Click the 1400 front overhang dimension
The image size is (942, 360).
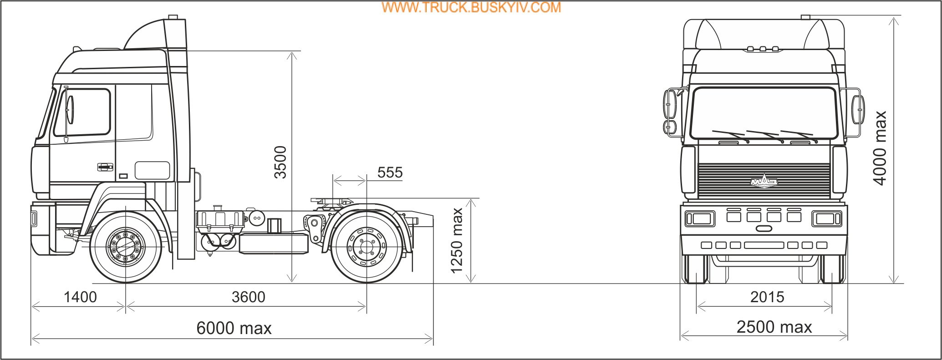click(x=80, y=297)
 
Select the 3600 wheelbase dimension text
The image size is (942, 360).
click(x=249, y=297)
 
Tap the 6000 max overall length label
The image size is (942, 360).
click(x=234, y=328)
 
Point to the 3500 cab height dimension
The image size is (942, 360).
click(x=280, y=162)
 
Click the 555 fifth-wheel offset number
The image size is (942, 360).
click(x=390, y=172)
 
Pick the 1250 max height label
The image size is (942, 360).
click(x=457, y=241)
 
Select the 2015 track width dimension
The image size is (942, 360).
click(x=767, y=297)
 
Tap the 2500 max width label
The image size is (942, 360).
click(x=774, y=327)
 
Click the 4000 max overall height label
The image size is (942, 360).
click(x=880, y=148)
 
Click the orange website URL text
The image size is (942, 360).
click(x=471, y=7)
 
